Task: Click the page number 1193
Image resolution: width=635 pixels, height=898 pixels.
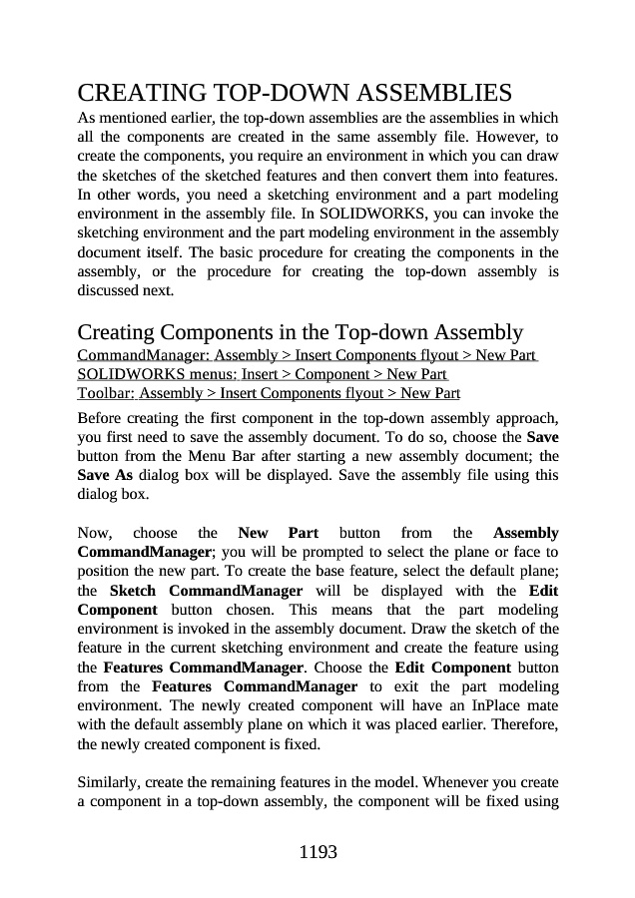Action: (317, 852)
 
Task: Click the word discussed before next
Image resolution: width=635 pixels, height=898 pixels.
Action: (108, 291)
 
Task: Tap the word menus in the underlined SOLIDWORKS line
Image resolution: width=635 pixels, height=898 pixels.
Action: (188, 374)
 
